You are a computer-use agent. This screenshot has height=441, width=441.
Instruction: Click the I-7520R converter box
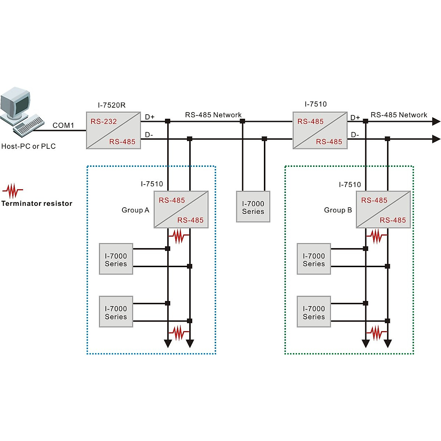coord(113,130)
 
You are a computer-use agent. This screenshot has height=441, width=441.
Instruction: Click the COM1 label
coord(63,125)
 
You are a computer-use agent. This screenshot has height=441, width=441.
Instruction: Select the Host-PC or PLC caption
coord(28,146)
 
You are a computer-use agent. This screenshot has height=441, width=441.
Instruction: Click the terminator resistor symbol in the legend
coord(13,191)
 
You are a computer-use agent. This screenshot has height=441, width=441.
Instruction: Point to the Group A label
coord(135,210)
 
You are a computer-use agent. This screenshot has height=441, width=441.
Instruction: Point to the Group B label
coord(338,210)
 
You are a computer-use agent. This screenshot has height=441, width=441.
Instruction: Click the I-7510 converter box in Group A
coord(181,209)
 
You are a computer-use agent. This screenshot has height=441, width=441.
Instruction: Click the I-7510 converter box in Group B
coord(383,209)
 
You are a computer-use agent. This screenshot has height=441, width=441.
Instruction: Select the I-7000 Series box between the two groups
coord(253,207)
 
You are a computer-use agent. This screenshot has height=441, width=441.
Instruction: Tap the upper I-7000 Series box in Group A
coord(116,259)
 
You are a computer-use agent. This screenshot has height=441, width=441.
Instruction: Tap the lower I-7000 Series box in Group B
coord(313,312)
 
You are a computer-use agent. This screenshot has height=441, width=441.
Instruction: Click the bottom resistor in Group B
coord(377,333)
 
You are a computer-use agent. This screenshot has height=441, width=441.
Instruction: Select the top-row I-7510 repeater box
coord(320,130)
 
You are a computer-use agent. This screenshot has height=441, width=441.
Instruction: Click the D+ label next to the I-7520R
coord(150,117)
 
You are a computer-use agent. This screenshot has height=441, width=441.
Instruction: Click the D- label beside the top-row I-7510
coord(355,135)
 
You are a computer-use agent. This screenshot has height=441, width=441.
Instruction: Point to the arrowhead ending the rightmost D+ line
coord(436,121)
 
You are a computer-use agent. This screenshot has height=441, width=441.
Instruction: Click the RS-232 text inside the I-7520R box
coord(104,122)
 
